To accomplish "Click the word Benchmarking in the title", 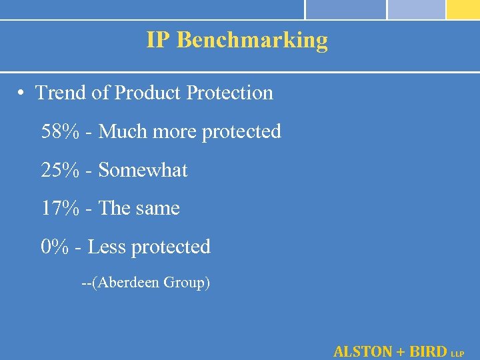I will pyautogui.click(x=253, y=40).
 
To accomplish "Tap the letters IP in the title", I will pyautogui.click(x=159, y=40).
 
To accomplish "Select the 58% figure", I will pyautogui.click(x=60, y=131).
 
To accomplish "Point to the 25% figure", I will pyautogui.click(x=60, y=170).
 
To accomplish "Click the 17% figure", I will pyautogui.click(x=60, y=208).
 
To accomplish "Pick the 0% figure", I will pyautogui.click(x=55, y=247).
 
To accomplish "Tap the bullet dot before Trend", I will pyautogui.click(x=23, y=93).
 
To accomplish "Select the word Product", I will pyautogui.click(x=148, y=93).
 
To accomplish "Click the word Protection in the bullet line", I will pyautogui.click(x=230, y=93).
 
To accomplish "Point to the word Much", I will pyautogui.click(x=124, y=131).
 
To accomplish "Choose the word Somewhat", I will pyautogui.click(x=143, y=170).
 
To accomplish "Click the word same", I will pyautogui.click(x=158, y=209).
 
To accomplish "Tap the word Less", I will pyautogui.click(x=107, y=247).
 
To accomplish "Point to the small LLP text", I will pyautogui.click(x=458, y=353).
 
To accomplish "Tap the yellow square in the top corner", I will pyautogui.click(x=463, y=9).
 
